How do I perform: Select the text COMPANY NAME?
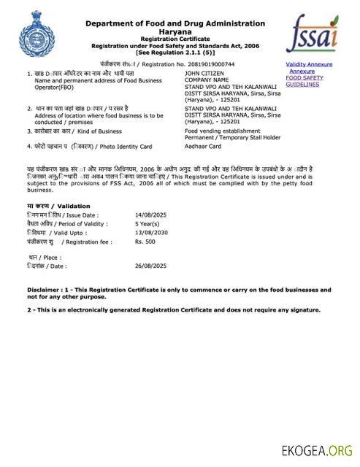click(207, 80)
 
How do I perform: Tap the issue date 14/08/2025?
click(150, 215)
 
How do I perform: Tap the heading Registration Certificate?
click(175, 39)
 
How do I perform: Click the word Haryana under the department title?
click(175, 31)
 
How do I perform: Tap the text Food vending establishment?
click(221, 131)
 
